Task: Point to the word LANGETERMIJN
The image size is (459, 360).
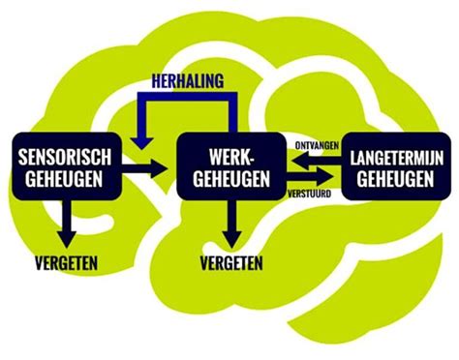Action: pyautogui.click(x=391, y=155)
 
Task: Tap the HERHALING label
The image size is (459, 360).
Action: pyautogui.click(x=189, y=83)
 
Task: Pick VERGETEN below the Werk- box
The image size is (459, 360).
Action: pyautogui.click(x=229, y=262)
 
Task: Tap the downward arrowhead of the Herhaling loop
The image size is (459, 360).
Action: pyautogui.click(x=144, y=143)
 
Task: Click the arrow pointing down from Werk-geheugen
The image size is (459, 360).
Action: pyautogui.click(x=229, y=223)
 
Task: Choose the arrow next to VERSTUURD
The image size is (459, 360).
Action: pyautogui.click(x=307, y=178)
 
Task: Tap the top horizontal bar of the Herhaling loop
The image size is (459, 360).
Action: pyautogui.click(x=189, y=98)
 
